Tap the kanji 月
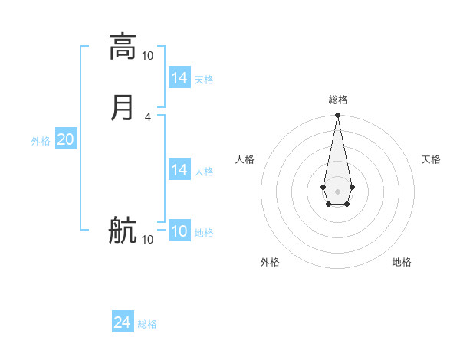(x=123, y=107)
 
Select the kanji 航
(x=123, y=230)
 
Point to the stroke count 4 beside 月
(x=147, y=117)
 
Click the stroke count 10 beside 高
(x=147, y=56)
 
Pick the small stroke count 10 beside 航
(x=147, y=240)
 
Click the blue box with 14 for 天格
(x=179, y=78)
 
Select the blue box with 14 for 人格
(x=179, y=170)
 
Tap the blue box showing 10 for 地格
(x=179, y=231)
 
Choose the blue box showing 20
(x=65, y=139)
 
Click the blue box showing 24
(x=123, y=322)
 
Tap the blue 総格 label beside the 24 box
(x=148, y=324)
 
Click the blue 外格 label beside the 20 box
(x=41, y=141)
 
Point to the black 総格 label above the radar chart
(x=338, y=100)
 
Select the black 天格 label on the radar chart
(x=431, y=159)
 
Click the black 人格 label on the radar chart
(x=245, y=159)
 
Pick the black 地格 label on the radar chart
(x=402, y=262)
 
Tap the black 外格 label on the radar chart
(x=270, y=262)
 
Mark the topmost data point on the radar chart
(x=337, y=116)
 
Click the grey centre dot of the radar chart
(x=337, y=191)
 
